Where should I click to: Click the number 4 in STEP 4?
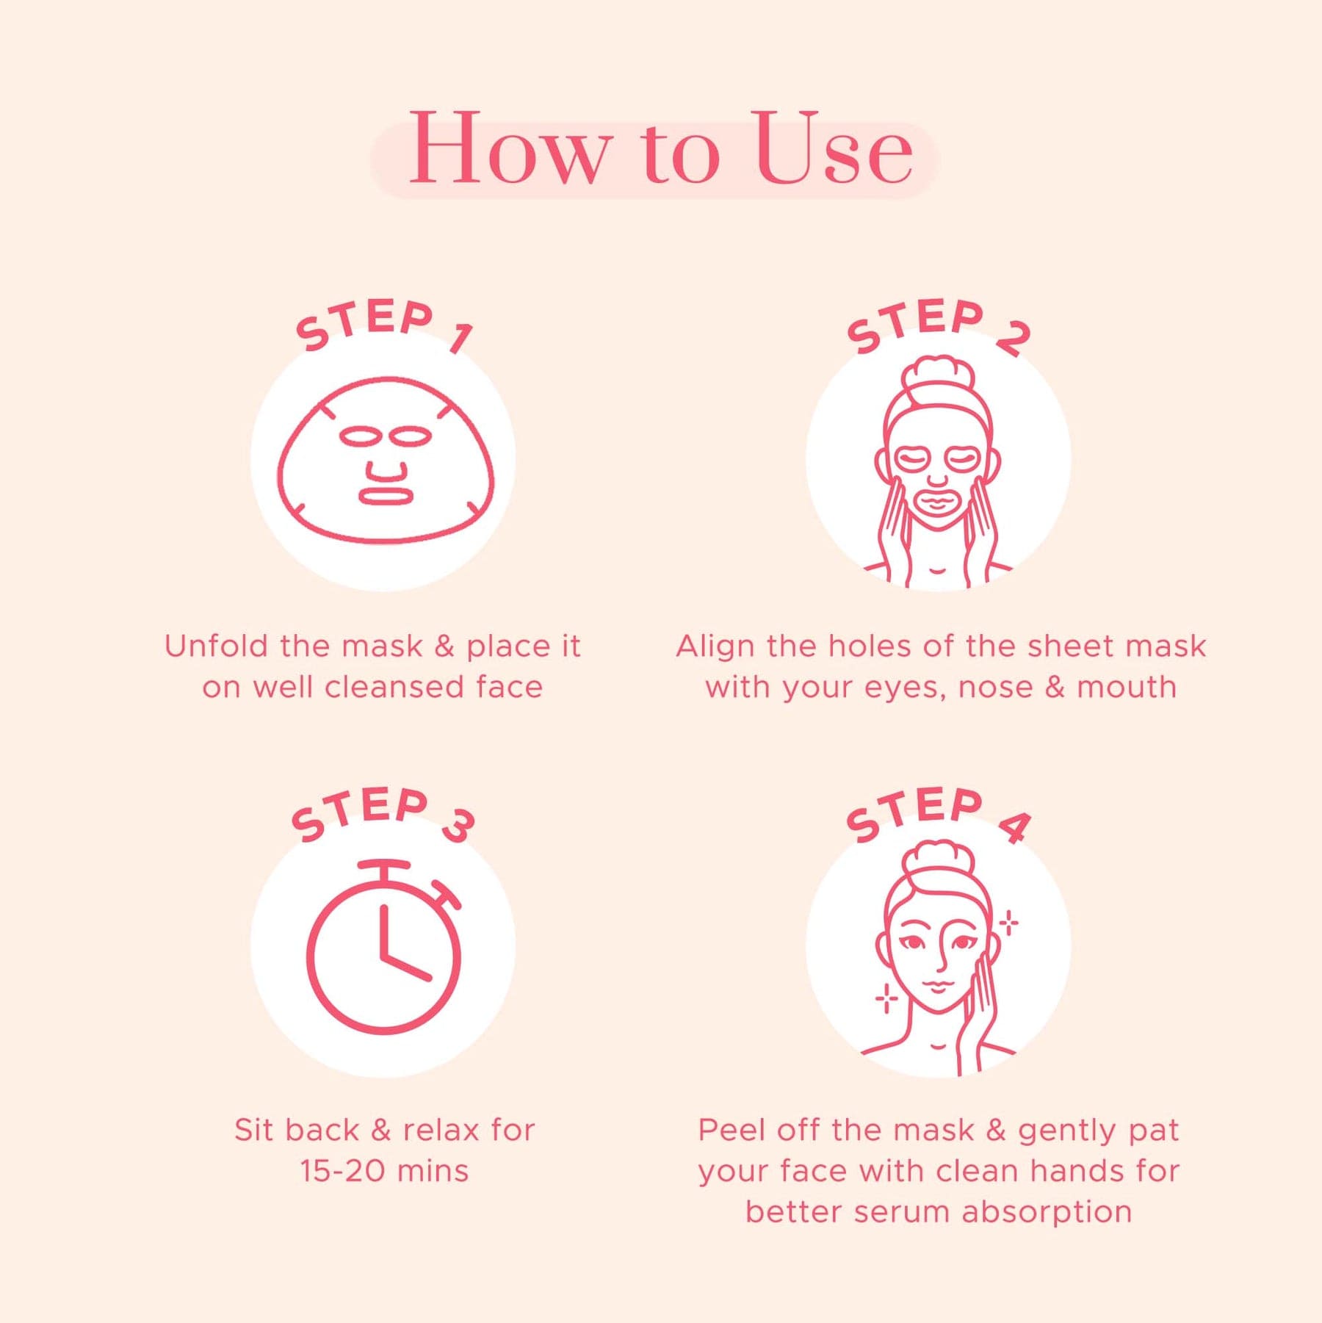click(1014, 826)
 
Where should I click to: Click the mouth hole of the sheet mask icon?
click(386, 496)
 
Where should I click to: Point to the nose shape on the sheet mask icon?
click(386, 472)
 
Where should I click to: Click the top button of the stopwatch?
click(384, 869)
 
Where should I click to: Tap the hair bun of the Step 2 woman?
click(939, 375)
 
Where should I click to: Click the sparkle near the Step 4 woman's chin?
click(886, 998)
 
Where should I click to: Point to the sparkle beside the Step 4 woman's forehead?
click(1009, 923)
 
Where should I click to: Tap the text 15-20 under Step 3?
click(342, 1171)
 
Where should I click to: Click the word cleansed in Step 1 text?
click(394, 688)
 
